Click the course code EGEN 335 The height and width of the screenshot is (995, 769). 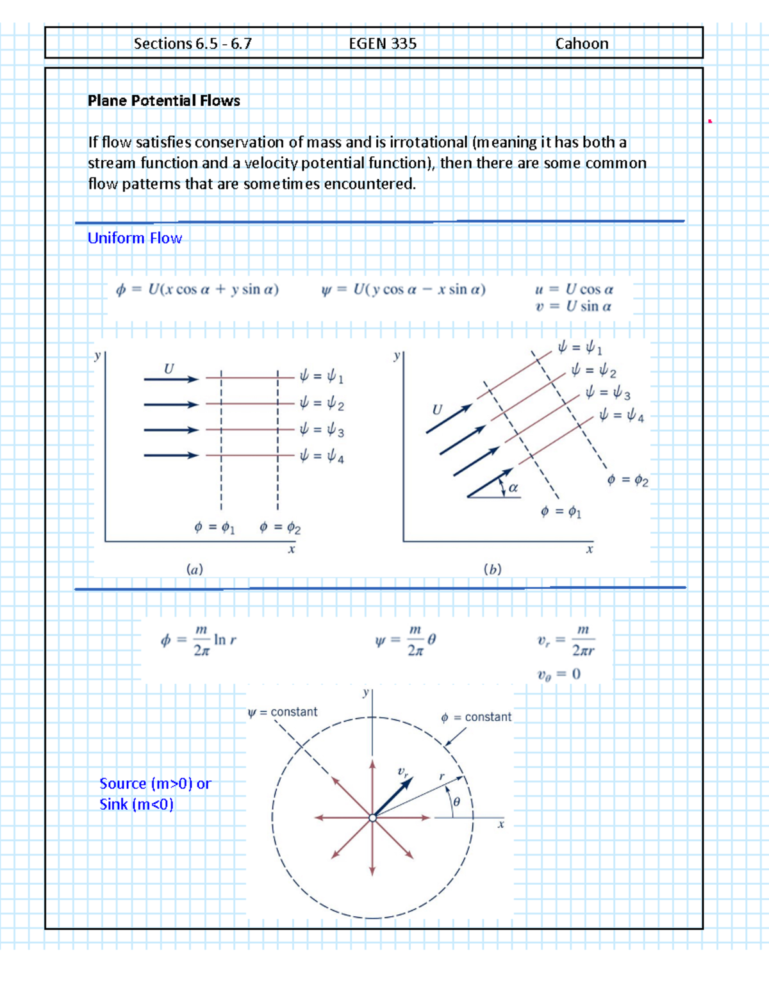click(x=383, y=44)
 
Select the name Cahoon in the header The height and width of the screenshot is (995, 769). click(x=581, y=44)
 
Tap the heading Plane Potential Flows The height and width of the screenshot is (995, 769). click(x=163, y=101)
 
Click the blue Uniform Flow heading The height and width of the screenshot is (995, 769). click(x=135, y=238)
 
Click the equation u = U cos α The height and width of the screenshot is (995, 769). click(x=574, y=289)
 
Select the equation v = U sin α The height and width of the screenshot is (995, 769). click(x=574, y=306)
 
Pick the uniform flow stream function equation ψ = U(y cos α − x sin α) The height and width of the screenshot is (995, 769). click(x=403, y=290)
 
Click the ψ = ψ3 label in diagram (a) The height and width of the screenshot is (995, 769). click(x=322, y=430)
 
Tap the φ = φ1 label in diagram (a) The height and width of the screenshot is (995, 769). click(x=215, y=527)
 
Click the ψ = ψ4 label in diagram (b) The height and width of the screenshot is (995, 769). click(x=621, y=416)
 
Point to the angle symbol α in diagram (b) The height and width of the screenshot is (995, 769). click(x=513, y=488)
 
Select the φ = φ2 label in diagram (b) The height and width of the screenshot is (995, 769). click(x=627, y=480)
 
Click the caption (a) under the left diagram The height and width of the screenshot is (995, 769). click(x=195, y=569)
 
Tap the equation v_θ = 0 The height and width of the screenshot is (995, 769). click(x=559, y=674)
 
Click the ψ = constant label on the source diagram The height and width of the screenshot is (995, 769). click(x=283, y=712)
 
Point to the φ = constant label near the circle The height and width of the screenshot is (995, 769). click(x=476, y=717)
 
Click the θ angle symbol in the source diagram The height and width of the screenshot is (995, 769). click(x=456, y=802)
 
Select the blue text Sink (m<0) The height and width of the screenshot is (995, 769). click(x=136, y=805)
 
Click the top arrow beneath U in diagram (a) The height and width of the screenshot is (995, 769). click(x=170, y=379)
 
